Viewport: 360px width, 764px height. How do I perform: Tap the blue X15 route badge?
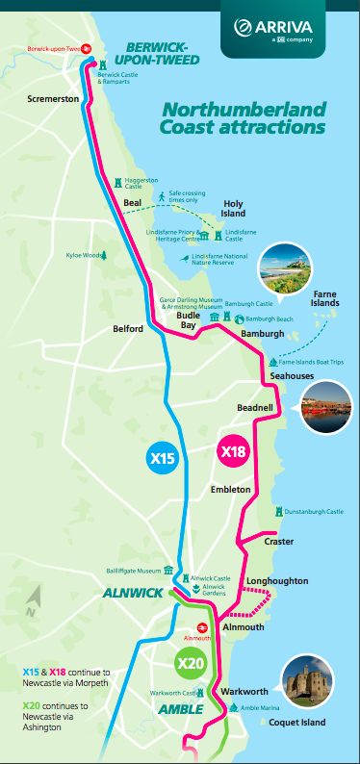pyautogui.click(x=164, y=459)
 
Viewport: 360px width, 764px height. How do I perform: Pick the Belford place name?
pyautogui.click(x=127, y=328)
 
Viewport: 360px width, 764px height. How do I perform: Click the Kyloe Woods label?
pyautogui.click(x=84, y=255)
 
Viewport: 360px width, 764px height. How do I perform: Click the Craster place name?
pyautogui.click(x=278, y=542)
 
